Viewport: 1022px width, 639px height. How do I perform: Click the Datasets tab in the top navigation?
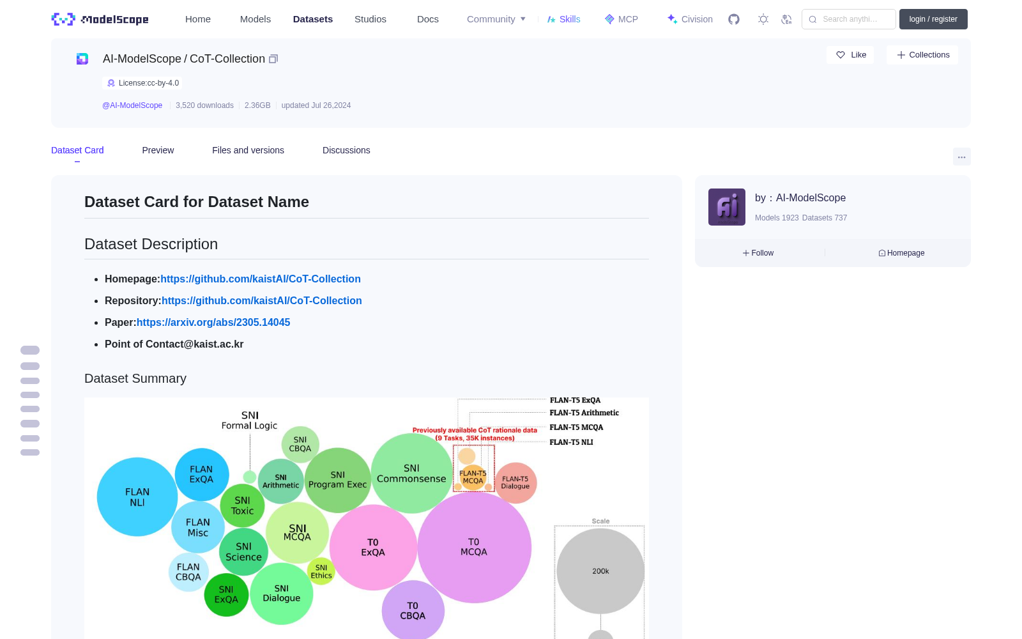tap(312, 19)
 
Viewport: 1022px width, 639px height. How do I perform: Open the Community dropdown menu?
tap(496, 19)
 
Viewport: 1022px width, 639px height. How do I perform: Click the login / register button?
tap(933, 19)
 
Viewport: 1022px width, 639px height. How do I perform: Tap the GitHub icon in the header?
tap(734, 19)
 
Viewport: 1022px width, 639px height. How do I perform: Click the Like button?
tap(850, 55)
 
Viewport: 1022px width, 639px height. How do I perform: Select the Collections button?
tap(922, 55)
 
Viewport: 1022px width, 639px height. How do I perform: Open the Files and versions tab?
tap(248, 150)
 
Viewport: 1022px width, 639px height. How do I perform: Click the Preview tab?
tap(158, 150)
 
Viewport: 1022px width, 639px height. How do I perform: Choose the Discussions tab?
tap(346, 150)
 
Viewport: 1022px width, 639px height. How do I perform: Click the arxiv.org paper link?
tap(213, 322)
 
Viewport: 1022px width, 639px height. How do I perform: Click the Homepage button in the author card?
tap(901, 253)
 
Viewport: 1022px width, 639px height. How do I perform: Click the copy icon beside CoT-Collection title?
tap(273, 59)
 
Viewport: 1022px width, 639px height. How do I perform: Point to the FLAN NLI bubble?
tap(137, 497)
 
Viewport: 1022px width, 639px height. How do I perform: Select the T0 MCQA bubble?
tap(474, 547)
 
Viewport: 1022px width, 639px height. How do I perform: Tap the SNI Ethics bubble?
tap(321, 571)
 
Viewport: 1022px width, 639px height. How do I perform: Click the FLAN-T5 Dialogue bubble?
tap(515, 482)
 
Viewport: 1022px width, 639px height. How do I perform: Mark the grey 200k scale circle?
tap(600, 571)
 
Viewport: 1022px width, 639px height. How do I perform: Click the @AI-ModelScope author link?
tap(132, 105)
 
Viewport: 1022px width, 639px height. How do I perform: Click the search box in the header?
tap(849, 19)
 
